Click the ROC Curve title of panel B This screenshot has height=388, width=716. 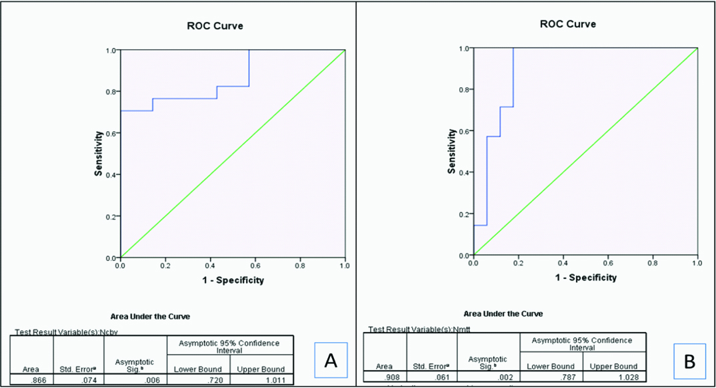coord(567,24)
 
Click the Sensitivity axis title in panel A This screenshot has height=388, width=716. coord(99,154)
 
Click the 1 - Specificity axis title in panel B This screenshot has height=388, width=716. coord(585,278)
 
